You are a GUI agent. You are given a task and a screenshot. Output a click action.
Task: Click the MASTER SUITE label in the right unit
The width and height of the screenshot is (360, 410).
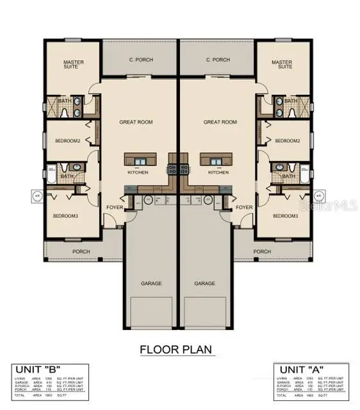[282, 65]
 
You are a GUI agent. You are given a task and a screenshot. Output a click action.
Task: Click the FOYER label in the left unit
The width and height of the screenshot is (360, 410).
[115, 208]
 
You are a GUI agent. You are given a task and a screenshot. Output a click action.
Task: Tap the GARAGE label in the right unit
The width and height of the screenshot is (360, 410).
[205, 283]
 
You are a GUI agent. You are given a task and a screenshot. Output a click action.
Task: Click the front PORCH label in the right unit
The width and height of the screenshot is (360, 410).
[262, 252]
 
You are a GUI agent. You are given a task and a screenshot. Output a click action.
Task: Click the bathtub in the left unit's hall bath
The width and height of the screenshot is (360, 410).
[51, 175]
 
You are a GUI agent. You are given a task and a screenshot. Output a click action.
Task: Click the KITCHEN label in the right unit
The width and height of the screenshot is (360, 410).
[218, 172]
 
